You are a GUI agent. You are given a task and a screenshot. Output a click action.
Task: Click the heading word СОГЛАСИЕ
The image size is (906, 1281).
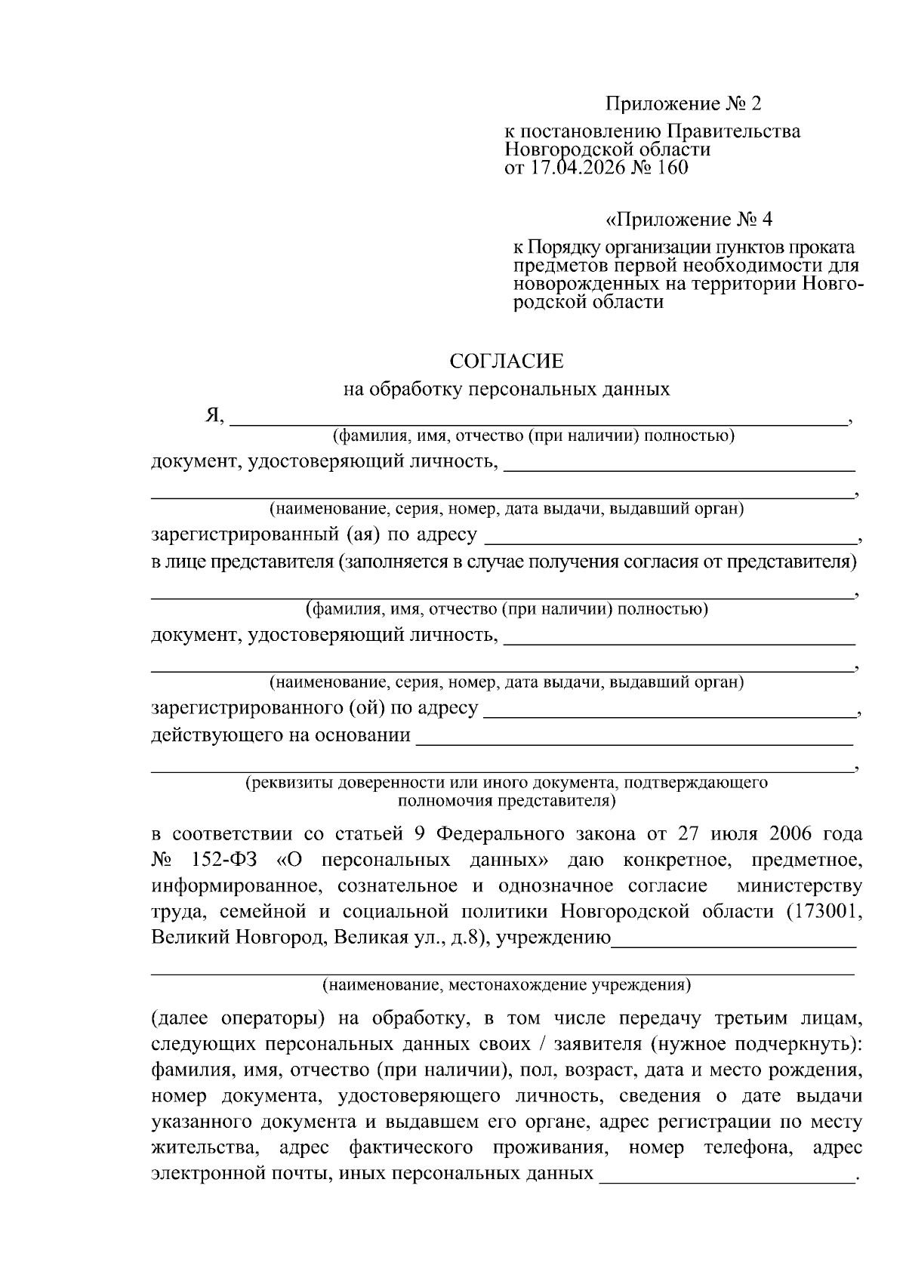click(x=507, y=362)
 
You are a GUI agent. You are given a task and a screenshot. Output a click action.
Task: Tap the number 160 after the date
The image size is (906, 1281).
click(x=673, y=168)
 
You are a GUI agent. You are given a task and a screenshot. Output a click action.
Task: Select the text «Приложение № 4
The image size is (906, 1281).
click(x=689, y=220)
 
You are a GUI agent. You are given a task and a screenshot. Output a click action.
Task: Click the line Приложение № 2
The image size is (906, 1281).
click(x=688, y=103)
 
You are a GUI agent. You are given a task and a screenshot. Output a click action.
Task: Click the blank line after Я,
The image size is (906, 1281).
click(x=538, y=419)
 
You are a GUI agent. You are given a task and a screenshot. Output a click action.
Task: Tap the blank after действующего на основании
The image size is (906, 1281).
click(x=634, y=737)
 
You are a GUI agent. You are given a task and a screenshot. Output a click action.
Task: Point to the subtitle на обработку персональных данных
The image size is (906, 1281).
click(x=507, y=390)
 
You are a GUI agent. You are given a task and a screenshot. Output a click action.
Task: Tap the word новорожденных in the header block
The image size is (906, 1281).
click(x=578, y=285)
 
